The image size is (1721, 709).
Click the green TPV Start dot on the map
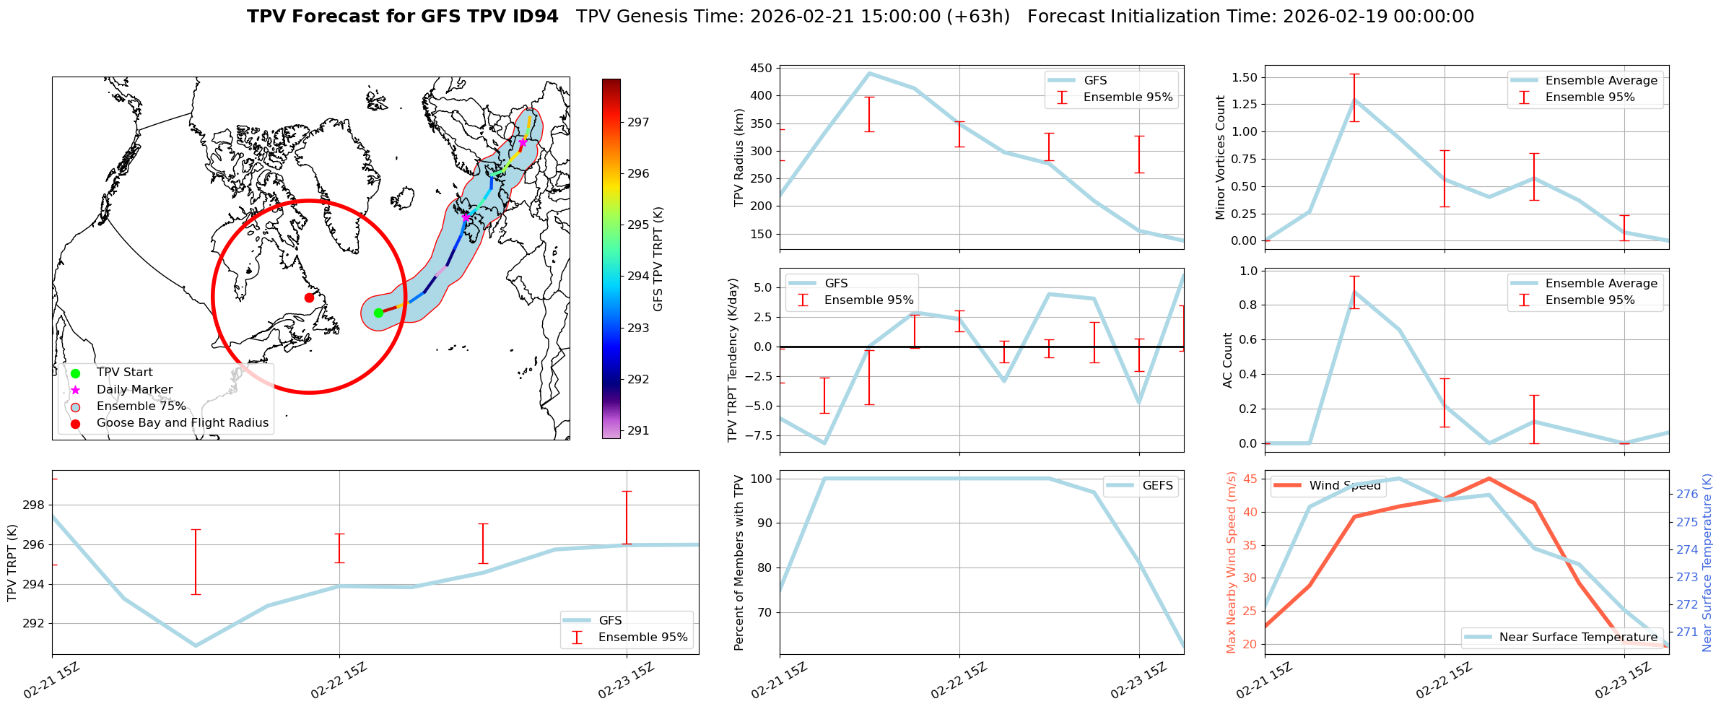(x=378, y=313)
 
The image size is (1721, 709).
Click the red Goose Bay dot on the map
(x=309, y=297)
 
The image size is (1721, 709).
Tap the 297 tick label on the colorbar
(x=638, y=123)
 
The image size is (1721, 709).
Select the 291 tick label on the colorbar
(x=638, y=431)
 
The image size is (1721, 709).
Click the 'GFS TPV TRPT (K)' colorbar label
(x=658, y=259)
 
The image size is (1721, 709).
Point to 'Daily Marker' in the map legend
(x=134, y=390)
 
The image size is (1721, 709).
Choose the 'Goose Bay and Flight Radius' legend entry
(x=182, y=423)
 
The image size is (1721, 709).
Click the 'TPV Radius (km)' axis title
(x=738, y=157)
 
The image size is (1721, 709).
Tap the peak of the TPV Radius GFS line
(x=869, y=73)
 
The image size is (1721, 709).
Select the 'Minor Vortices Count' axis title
(x=1221, y=157)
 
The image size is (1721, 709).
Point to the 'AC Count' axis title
(x=1228, y=360)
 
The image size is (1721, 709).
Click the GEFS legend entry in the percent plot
(x=1157, y=486)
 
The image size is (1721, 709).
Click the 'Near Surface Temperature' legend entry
(x=1578, y=637)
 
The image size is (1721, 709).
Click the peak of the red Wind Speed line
(x=1489, y=479)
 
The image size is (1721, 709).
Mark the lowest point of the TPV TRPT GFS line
(x=196, y=645)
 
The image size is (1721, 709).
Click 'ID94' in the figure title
(x=533, y=17)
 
